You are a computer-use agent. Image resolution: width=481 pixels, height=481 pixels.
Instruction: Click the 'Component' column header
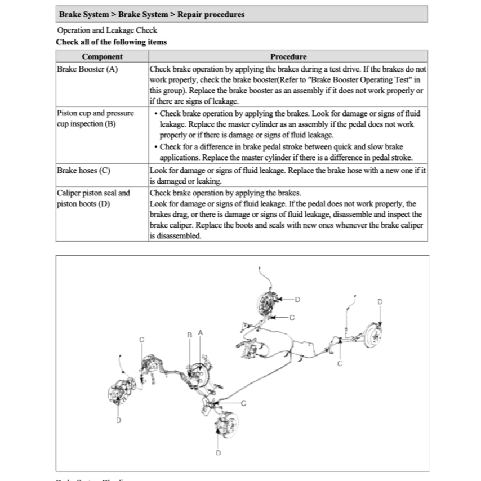pos(102,56)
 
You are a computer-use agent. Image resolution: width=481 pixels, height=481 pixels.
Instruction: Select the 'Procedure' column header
pos(288,56)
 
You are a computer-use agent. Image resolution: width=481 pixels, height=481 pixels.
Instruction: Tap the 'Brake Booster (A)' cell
pos(87,69)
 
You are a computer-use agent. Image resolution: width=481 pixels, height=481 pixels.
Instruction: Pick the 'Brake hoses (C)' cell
pos(84,170)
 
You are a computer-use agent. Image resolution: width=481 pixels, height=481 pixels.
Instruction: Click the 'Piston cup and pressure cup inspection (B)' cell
pos(96,118)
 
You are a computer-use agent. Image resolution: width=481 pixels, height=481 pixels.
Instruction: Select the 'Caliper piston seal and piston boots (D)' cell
pos(93,198)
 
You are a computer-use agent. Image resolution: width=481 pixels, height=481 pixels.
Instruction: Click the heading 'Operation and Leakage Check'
pos(107,30)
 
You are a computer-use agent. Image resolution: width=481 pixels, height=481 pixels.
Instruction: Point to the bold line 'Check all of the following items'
pos(112,42)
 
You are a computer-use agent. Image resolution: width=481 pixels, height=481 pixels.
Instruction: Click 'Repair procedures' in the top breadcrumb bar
pos(211,14)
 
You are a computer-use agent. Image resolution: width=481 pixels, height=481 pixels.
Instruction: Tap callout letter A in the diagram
pos(200,333)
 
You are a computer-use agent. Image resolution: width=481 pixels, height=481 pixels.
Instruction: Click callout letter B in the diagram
pos(190,335)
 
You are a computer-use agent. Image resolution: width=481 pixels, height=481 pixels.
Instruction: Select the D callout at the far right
pos(380,302)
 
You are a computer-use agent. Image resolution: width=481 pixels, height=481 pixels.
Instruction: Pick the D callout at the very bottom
pos(218,452)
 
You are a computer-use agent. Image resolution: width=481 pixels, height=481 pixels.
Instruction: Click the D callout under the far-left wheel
pos(118,420)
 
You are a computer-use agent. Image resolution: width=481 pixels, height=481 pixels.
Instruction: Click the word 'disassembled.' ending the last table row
pos(175,237)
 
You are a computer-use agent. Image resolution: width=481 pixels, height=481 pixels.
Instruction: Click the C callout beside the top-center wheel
pos(292,318)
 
